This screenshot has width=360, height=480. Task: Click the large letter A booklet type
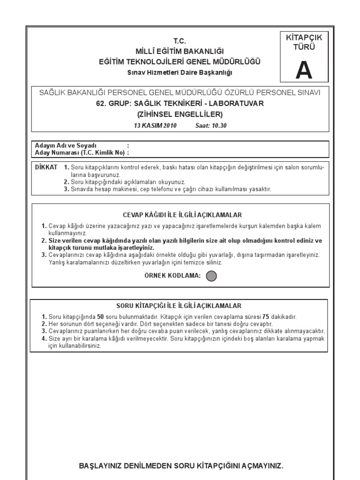(303, 70)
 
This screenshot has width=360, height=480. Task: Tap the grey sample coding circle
(211, 276)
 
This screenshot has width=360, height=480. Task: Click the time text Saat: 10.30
(210, 126)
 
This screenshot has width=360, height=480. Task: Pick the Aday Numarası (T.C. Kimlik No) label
(79, 152)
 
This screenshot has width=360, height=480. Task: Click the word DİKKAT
(46, 167)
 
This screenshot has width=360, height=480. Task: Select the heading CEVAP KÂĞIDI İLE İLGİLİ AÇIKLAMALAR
(182, 215)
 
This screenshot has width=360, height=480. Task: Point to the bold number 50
(100, 317)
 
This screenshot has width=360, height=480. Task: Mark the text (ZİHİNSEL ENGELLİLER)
(180, 114)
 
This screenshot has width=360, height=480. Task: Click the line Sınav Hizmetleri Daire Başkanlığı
(180, 72)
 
